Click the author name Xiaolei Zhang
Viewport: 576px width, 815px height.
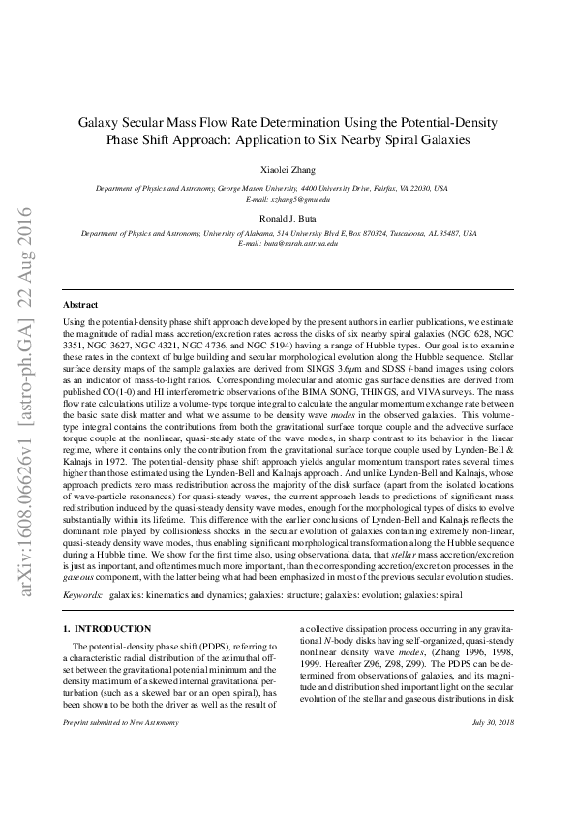tap(288, 166)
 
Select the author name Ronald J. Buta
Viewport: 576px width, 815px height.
tap(288, 218)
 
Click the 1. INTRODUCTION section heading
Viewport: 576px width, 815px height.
tap(107, 629)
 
